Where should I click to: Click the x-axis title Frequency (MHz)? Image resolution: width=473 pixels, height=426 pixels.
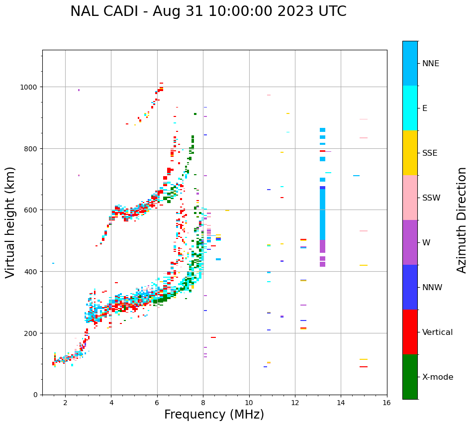tap(214, 415)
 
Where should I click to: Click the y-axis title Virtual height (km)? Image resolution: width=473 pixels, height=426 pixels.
tap(10, 222)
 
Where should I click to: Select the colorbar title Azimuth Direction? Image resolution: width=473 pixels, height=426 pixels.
tap(462, 220)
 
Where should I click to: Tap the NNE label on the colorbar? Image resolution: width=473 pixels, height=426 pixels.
tap(431, 63)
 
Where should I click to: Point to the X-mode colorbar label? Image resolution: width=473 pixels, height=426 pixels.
tap(438, 377)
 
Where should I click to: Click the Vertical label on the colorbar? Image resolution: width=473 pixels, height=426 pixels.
tap(438, 332)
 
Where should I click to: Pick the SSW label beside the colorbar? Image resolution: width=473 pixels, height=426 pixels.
tap(431, 198)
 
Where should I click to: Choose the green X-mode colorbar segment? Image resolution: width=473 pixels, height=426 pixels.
tap(410, 377)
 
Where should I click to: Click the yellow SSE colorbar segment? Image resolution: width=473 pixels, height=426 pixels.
tap(410, 153)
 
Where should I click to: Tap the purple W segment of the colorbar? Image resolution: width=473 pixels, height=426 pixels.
tap(410, 242)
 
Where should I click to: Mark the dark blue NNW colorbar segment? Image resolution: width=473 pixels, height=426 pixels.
tap(410, 287)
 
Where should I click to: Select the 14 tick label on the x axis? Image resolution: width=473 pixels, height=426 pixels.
tap(341, 403)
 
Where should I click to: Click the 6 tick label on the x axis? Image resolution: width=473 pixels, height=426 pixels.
tap(157, 403)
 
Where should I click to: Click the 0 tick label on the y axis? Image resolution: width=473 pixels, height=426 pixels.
tap(35, 395)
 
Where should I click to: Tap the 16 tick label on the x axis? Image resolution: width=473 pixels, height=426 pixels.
tap(387, 403)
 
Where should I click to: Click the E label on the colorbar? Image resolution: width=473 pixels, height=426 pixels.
tap(425, 108)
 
